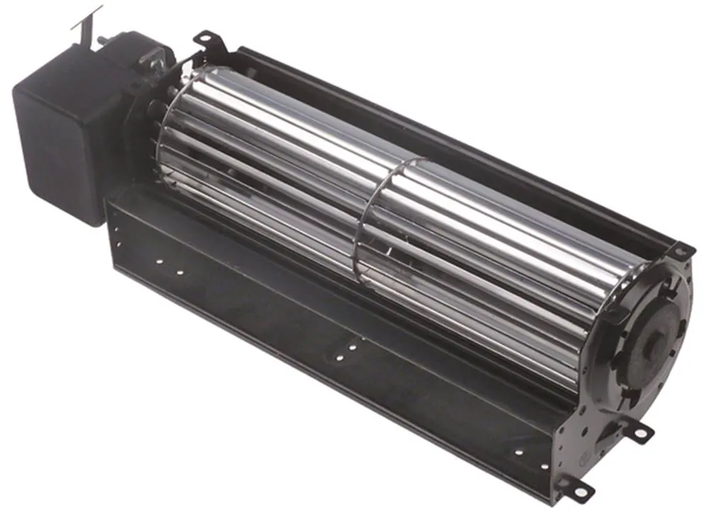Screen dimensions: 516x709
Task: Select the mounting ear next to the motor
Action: (x=206, y=39)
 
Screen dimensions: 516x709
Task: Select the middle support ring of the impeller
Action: (x=369, y=227)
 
